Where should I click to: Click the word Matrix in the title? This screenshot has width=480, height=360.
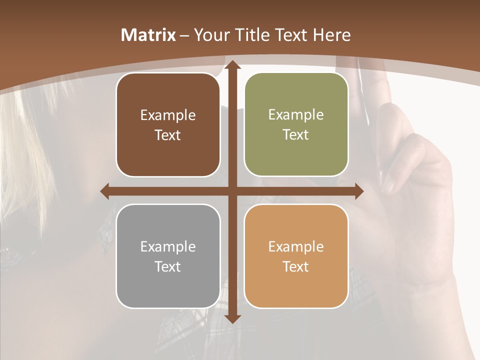[148, 35]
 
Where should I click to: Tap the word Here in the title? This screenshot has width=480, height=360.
[331, 35]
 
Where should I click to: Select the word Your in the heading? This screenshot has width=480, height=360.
[210, 35]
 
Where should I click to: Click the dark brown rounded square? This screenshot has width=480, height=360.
[168, 124]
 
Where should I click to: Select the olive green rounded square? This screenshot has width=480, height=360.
[296, 124]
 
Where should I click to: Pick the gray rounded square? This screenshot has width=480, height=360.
[168, 256]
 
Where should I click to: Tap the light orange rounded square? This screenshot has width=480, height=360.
[296, 256]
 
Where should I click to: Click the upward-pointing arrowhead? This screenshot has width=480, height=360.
[232, 65]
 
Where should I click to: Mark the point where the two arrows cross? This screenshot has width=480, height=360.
[232, 191]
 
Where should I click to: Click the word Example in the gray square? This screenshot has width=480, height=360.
[168, 246]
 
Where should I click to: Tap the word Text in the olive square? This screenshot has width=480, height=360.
[296, 135]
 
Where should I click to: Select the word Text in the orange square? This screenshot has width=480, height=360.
[296, 266]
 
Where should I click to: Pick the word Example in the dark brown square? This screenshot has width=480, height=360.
[168, 115]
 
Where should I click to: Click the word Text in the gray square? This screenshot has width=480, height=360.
[168, 266]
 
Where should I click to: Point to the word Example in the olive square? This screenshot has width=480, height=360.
[296, 114]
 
